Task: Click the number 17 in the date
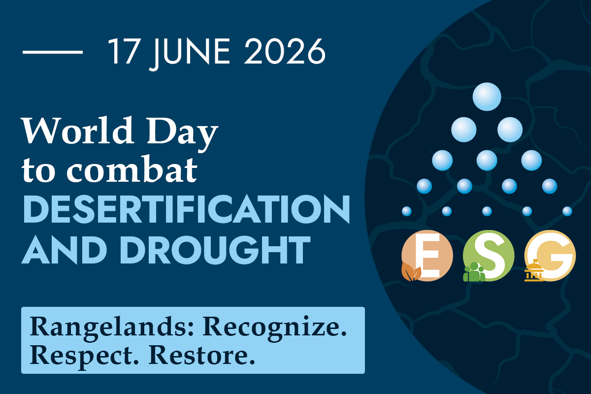point(124,51)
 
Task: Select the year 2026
point(285,51)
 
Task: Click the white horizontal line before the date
point(53,52)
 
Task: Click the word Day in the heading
point(183,134)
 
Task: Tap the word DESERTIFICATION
point(187,209)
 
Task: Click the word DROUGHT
point(215,250)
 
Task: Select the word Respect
point(84,356)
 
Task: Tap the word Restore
point(202,354)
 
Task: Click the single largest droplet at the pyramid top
point(487,97)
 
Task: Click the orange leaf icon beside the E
point(411,272)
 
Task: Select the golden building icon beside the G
point(534,270)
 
